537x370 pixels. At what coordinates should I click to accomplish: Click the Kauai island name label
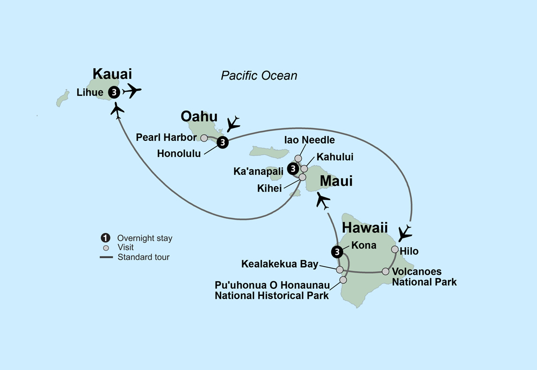click(112, 74)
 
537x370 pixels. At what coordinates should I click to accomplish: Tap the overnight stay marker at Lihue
click(114, 92)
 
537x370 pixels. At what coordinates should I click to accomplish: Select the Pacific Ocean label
click(259, 76)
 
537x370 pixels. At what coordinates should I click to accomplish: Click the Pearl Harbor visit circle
click(204, 138)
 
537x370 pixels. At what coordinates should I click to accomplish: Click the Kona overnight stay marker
click(336, 251)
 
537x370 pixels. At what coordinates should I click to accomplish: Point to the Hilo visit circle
click(395, 250)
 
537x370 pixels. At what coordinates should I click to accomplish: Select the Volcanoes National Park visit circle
click(386, 272)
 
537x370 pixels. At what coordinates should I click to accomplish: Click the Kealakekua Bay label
click(280, 265)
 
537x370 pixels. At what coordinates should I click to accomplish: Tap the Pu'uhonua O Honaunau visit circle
click(343, 280)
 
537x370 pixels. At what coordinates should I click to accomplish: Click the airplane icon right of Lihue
click(132, 91)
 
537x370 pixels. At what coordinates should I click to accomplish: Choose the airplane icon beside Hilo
click(405, 233)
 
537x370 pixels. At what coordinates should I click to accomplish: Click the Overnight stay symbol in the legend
click(106, 238)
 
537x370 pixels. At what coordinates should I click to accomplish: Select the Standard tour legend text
click(144, 257)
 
